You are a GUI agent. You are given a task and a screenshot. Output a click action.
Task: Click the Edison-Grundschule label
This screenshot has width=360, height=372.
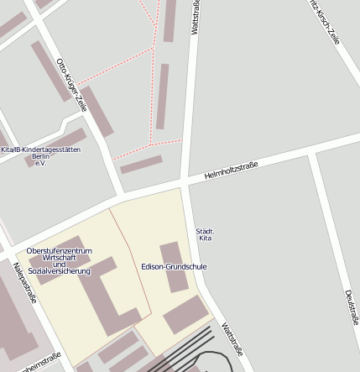click(x=174, y=266)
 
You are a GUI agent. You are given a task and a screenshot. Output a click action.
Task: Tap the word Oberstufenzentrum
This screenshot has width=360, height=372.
click(x=59, y=251)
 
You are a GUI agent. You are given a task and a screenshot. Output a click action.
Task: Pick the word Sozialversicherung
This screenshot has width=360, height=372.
click(x=60, y=271)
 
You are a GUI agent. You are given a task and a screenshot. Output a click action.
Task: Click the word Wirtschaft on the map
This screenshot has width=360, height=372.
click(x=60, y=258)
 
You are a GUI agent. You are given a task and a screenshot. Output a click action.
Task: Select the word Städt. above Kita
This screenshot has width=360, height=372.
click(x=205, y=231)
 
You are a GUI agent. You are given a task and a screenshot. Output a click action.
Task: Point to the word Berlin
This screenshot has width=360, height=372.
click(x=40, y=156)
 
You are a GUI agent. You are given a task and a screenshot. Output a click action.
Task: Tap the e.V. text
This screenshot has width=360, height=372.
click(x=39, y=163)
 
